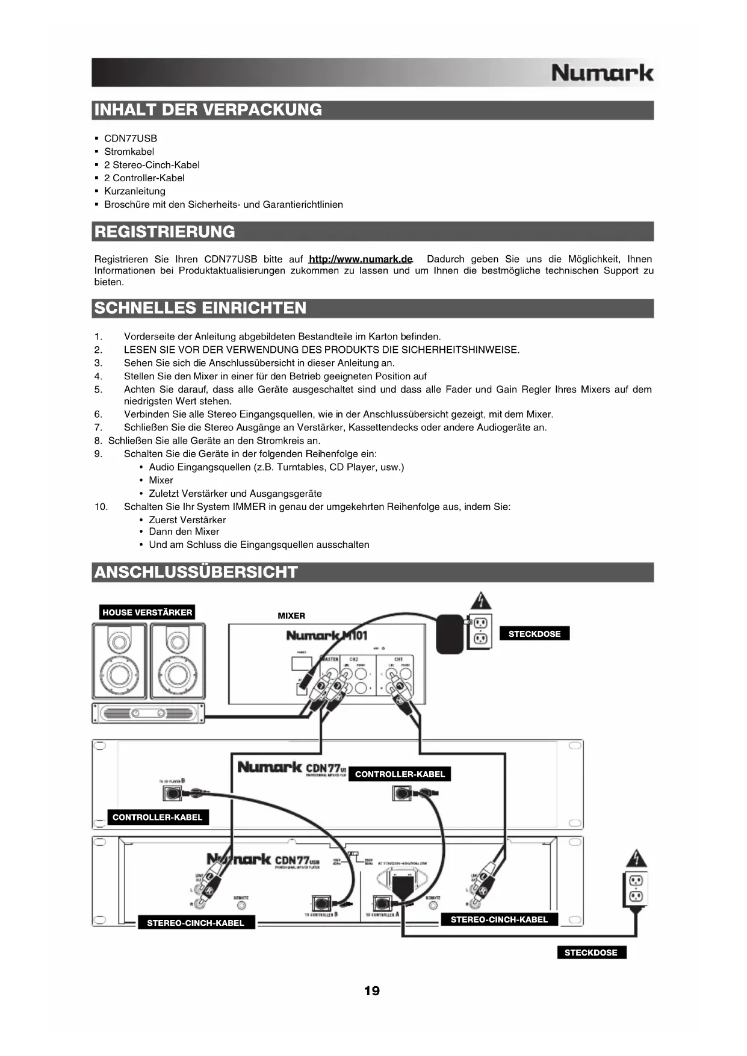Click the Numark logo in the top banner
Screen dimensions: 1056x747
601,73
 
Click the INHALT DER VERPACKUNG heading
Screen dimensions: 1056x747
208,110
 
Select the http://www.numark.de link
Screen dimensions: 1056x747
360,259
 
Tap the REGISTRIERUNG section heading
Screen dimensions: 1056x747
165,232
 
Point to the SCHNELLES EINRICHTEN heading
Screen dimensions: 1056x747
200,308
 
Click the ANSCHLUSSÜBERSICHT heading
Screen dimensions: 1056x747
196,572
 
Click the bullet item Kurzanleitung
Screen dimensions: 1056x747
134,191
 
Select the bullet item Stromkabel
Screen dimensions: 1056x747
129,152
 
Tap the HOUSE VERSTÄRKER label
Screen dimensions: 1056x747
147,612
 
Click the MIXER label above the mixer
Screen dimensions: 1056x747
291,616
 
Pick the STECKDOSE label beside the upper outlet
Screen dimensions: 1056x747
535,634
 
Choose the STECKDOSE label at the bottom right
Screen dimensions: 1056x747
591,952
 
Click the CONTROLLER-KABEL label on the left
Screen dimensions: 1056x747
158,817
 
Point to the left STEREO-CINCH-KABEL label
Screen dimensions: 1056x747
196,923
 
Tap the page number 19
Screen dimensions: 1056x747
372,991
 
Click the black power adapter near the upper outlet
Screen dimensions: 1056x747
450,633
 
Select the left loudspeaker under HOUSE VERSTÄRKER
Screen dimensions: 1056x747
119,661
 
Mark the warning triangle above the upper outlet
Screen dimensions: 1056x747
480,600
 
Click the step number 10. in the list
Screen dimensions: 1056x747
101,507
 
